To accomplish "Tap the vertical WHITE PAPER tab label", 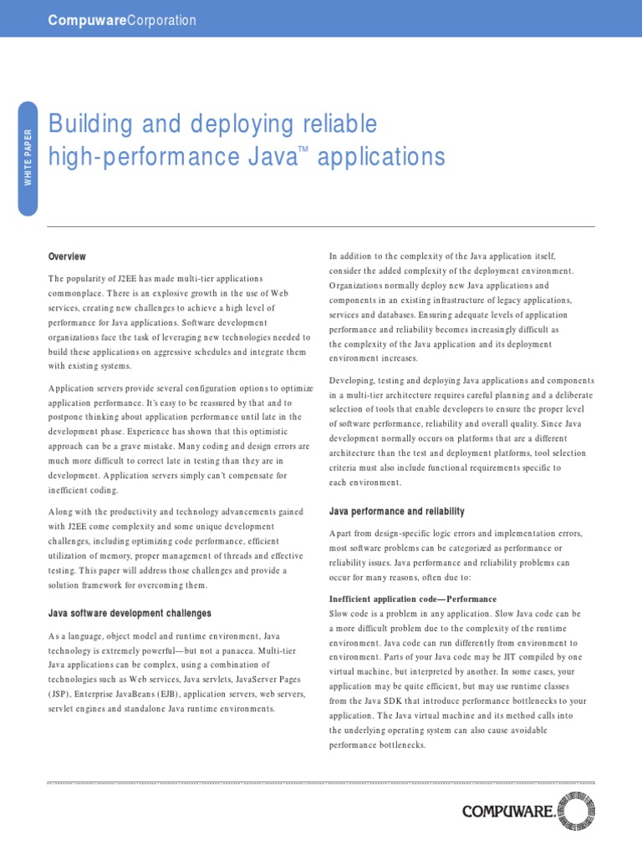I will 28,158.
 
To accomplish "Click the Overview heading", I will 67,256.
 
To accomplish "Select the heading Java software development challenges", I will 130,614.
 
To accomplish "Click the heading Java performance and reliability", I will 396,511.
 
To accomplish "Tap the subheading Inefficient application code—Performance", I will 413,600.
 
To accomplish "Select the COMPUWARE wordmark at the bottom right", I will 507,812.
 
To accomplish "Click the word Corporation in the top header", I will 160,20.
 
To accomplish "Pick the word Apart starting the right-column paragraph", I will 343,534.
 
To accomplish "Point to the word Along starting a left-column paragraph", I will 64,512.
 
